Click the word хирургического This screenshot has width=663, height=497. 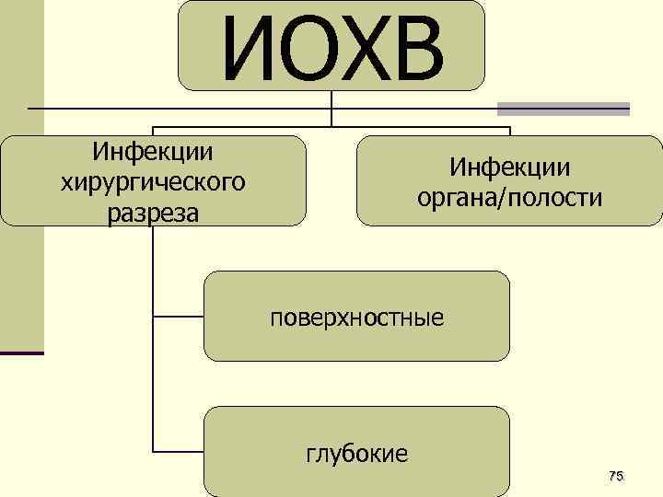[x=153, y=181]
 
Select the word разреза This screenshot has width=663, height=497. [x=153, y=213]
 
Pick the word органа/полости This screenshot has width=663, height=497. [x=509, y=198]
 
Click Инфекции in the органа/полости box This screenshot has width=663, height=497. [x=509, y=167]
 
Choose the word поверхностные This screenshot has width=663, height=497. [x=356, y=318]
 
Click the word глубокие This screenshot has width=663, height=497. [x=356, y=453]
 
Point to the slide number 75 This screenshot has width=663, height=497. [x=616, y=475]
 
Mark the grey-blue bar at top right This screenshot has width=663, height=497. [x=564, y=108]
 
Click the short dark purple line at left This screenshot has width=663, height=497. [x=21, y=353]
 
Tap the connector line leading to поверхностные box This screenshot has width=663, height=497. [x=178, y=317]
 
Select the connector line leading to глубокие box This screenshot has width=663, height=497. [x=178, y=452]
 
